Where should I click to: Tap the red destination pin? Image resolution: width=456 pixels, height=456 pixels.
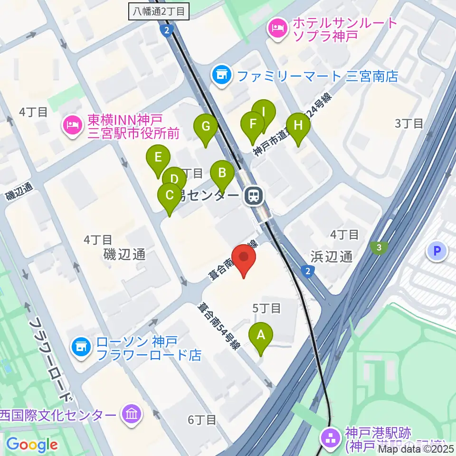point(244,259)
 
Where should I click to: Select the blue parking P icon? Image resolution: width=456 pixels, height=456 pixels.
point(437,250)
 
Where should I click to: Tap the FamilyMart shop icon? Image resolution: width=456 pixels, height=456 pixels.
point(221,75)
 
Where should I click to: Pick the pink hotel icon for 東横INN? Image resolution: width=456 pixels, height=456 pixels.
point(71,127)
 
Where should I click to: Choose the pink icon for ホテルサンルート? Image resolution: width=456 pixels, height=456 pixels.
point(276,28)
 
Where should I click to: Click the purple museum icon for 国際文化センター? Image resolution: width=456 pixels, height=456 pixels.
point(130,415)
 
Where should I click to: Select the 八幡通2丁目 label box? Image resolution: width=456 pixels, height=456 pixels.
point(159,12)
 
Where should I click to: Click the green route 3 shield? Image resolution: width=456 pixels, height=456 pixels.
point(379,247)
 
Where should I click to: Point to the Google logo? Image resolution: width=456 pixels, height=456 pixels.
point(32,445)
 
